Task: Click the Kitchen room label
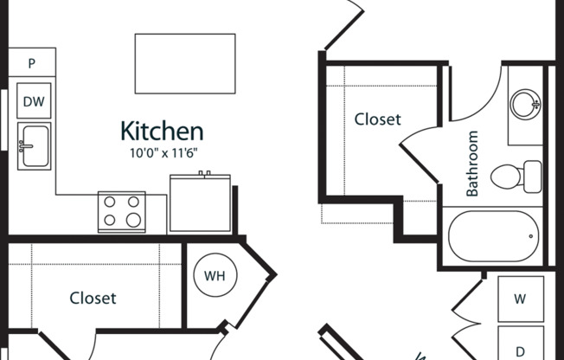(162, 131)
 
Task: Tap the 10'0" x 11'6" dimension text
(163, 153)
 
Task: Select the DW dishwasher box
(34, 100)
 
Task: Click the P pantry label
(32, 63)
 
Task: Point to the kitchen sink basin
(35, 146)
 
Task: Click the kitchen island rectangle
(185, 64)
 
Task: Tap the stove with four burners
(122, 212)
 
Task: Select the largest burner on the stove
(133, 220)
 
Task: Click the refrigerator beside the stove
(200, 203)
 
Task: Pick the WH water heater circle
(215, 275)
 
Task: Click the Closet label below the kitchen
(93, 298)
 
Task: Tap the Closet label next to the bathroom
(377, 119)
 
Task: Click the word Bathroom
(472, 164)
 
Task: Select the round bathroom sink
(525, 105)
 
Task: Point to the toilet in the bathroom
(516, 177)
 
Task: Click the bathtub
(493, 236)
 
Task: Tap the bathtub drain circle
(531, 236)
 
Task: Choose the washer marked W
(521, 299)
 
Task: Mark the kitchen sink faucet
(25, 146)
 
